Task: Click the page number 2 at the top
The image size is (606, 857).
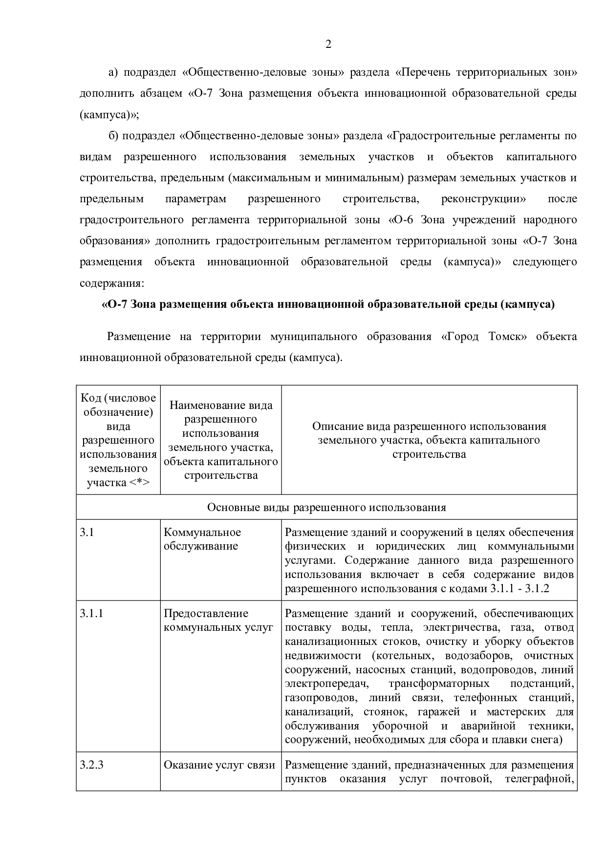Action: coord(328,44)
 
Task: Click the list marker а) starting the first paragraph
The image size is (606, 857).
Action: coord(113,72)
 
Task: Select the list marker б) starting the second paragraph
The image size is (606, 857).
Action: coord(113,135)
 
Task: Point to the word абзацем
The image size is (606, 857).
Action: coord(159,93)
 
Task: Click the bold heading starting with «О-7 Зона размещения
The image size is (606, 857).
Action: coord(328,304)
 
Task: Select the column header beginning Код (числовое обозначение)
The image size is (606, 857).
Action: coord(118,440)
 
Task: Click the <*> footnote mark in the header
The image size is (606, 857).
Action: coord(139,483)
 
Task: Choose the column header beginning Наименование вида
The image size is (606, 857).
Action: coord(221,440)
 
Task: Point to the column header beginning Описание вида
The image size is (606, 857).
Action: coord(429,440)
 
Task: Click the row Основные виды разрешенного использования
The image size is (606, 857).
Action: coord(326,507)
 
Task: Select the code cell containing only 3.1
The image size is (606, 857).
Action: coord(87,532)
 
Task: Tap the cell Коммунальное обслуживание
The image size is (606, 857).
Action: coord(202,539)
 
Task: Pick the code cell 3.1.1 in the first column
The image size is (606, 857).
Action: coord(91,613)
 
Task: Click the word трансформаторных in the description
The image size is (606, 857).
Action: coord(438,683)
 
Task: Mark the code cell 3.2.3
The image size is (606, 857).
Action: coord(91,765)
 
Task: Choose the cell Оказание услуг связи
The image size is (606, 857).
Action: coord(219,765)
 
